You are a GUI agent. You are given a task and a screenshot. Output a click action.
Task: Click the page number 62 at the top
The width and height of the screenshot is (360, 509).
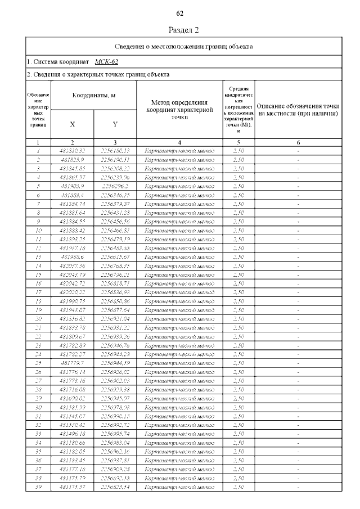(180, 13)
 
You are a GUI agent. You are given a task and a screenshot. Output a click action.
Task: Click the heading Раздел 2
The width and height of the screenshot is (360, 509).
(184, 29)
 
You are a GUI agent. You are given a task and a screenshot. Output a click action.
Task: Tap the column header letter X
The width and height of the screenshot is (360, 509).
(73, 124)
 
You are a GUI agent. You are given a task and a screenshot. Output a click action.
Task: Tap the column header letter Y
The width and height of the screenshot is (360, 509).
(115, 124)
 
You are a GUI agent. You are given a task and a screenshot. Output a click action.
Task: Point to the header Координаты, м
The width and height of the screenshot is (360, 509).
(93, 95)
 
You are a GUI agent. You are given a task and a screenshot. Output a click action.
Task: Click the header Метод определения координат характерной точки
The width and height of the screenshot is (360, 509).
(179, 110)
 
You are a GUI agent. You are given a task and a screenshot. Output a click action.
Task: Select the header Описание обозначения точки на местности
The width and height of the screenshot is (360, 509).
(298, 110)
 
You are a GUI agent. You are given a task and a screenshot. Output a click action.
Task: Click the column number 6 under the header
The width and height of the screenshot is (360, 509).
(298, 143)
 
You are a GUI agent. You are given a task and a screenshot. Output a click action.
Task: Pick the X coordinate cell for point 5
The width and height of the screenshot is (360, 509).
(73, 186)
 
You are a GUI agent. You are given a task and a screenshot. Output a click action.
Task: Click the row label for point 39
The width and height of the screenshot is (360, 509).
(38, 486)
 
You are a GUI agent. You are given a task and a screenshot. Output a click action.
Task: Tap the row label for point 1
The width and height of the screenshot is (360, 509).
(38, 151)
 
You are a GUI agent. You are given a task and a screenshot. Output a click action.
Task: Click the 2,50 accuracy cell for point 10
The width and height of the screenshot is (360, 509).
(238, 230)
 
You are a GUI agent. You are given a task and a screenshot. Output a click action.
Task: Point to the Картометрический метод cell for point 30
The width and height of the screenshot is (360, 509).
(179, 407)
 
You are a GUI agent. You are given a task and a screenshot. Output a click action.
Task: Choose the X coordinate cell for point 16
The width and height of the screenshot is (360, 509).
(73, 283)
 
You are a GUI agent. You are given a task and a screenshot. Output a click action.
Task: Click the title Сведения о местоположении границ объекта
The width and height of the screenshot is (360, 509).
(184, 46)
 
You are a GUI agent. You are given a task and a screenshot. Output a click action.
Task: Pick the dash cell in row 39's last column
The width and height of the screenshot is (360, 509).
(298, 486)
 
